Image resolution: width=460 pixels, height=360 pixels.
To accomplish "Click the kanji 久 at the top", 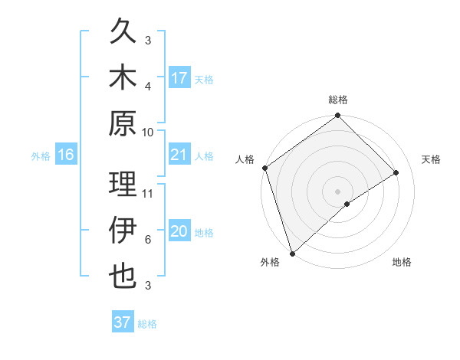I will [x=123, y=33].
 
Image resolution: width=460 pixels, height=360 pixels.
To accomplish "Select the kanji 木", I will [x=123, y=78].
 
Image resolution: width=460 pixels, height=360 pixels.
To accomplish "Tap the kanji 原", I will [x=123, y=123].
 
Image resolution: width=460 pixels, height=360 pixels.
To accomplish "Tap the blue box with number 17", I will [x=179, y=78].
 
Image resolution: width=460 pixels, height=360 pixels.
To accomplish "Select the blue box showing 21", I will [x=179, y=155].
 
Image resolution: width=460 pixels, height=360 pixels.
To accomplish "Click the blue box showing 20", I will [x=179, y=232].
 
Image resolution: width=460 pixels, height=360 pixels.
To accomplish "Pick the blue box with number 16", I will [x=66, y=155].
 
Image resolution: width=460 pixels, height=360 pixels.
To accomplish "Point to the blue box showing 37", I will [x=123, y=322].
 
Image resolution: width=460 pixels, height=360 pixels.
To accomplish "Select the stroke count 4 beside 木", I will [x=148, y=86].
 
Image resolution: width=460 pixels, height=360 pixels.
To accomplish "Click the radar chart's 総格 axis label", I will [x=337, y=100].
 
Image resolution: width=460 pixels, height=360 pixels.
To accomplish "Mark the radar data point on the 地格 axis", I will [x=347, y=204].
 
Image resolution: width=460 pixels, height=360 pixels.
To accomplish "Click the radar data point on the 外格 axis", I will [x=292, y=252].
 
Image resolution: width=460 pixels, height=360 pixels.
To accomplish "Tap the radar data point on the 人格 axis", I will [x=264, y=168].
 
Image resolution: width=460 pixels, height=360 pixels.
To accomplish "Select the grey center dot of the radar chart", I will [x=337, y=191].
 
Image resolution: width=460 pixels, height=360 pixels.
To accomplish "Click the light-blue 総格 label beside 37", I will [x=147, y=324].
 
